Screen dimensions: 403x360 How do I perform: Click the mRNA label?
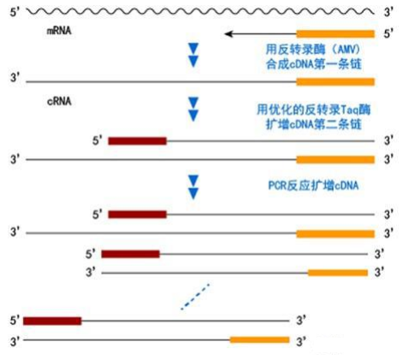coord(59,31)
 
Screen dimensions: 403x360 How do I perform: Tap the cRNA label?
coord(59,101)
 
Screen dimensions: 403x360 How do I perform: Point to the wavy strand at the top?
coord(200,11)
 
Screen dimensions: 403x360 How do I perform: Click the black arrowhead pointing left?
coord(228,34)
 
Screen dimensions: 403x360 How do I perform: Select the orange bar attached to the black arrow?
coord(335,34)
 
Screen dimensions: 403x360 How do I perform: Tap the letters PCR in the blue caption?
coord(277,186)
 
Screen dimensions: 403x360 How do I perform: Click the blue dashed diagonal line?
coord(195,297)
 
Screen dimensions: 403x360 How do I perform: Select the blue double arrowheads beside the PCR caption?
coord(193,187)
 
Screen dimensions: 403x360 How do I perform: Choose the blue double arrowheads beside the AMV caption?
coord(193,55)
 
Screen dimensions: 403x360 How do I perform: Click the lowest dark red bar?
coord(52,322)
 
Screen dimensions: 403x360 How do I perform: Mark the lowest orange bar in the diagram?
coord(259,339)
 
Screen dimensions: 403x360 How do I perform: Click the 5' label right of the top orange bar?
coord(388,34)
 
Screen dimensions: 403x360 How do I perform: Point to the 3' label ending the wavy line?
coord(388,12)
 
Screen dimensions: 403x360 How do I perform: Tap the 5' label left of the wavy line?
coord(15,13)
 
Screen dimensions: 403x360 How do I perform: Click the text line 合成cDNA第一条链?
coord(314,64)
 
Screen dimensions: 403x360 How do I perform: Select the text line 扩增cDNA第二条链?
coord(314,124)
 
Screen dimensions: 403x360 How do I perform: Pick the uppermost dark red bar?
coord(137,141)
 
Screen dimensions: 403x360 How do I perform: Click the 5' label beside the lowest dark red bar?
coord(15,321)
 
